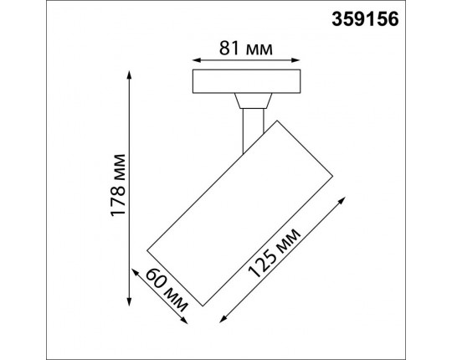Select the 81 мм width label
[x=248, y=48]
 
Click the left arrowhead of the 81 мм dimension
[x=196, y=60]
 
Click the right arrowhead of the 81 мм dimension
[x=300, y=60]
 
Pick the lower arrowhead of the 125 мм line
[x=223, y=321]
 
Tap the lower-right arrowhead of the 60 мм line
[x=187, y=319]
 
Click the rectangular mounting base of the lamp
[x=248, y=82]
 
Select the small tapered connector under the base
[x=250, y=102]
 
